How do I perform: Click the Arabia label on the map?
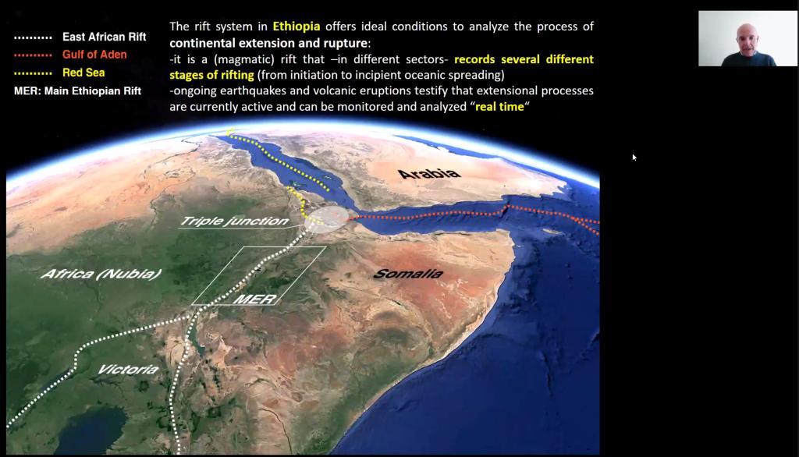pyautogui.click(x=428, y=174)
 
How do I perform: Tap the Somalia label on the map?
pyautogui.click(x=407, y=274)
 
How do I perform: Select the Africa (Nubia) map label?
pyautogui.click(x=101, y=274)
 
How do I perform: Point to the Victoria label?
pyautogui.click(x=128, y=369)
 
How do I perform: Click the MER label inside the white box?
pyautogui.click(x=255, y=299)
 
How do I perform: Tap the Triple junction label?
pyautogui.click(x=235, y=221)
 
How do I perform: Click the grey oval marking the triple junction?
pyautogui.click(x=326, y=220)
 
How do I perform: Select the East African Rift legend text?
pyautogui.click(x=104, y=37)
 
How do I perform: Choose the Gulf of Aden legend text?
pyautogui.click(x=94, y=55)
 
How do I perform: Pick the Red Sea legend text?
pyautogui.click(x=83, y=73)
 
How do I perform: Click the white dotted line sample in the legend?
pyautogui.click(x=33, y=37)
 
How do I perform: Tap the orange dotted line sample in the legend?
pyautogui.click(x=33, y=55)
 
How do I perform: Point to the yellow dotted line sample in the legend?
pyautogui.click(x=33, y=73)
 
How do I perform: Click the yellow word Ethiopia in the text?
pyautogui.click(x=296, y=27)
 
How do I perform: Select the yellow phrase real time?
pyautogui.click(x=499, y=107)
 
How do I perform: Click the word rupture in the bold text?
pyautogui.click(x=345, y=43)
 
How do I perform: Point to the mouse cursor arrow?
pyautogui.click(x=634, y=158)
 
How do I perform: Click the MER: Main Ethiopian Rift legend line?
pyautogui.click(x=77, y=91)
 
